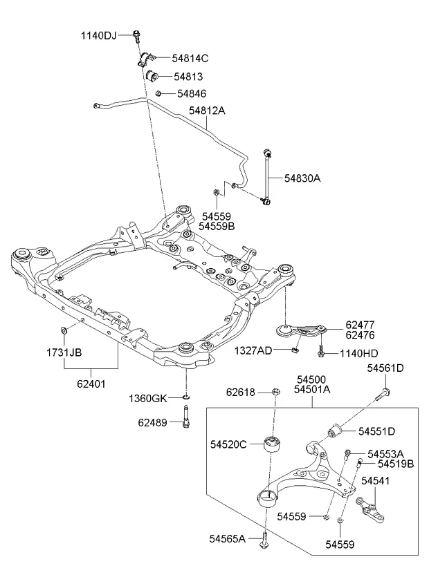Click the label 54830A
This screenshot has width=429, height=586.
(x=302, y=178)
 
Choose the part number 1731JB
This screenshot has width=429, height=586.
(x=64, y=352)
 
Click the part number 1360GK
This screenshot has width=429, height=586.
(x=148, y=398)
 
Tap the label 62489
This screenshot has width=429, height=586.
(x=152, y=421)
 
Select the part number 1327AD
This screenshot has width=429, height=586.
(x=253, y=350)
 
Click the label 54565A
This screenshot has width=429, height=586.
(x=228, y=538)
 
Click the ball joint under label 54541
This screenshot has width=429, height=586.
(x=372, y=512)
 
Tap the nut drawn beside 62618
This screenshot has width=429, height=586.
(x=275, y=393)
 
